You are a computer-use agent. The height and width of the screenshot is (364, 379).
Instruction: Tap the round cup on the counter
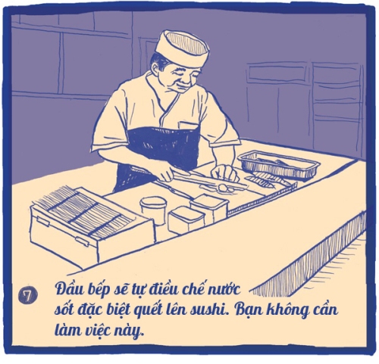tap(153, 210)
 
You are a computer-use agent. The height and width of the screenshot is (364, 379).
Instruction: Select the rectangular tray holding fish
tap(279, 164)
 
